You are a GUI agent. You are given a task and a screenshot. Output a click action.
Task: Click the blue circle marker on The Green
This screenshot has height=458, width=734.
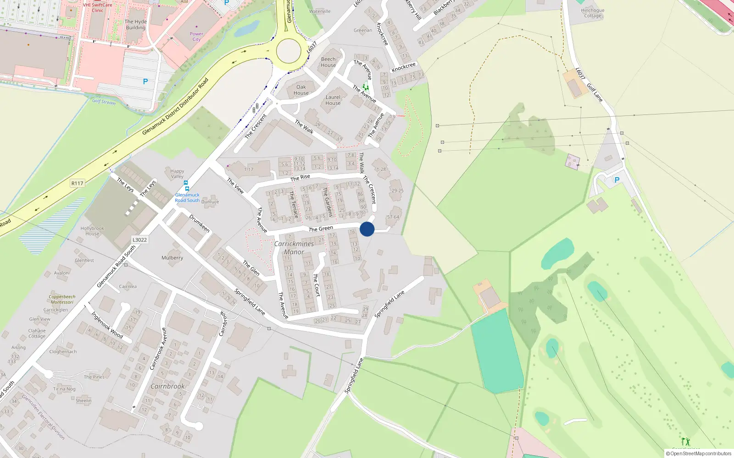(367, 229)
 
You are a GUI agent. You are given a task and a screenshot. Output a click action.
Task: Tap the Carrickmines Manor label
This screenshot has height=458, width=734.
(294, 248)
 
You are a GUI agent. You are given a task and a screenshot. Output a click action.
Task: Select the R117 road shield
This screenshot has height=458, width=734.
(77, 183)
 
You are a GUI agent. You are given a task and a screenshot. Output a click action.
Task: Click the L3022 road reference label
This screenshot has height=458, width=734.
(139, 240)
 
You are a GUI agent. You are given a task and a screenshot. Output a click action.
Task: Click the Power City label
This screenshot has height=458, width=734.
(196, 36)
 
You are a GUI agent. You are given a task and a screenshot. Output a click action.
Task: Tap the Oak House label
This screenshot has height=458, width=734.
(301, 90)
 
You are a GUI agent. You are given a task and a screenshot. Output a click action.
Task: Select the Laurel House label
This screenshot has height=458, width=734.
(333, 100)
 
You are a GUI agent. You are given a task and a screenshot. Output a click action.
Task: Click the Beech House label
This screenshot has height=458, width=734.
(328, 62)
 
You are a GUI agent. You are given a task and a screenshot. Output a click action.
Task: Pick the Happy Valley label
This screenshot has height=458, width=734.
(177, 174)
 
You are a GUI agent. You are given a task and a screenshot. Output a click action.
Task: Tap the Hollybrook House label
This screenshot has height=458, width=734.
(92, 231)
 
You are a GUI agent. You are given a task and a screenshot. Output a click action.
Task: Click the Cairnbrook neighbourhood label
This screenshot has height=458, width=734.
(167, 386)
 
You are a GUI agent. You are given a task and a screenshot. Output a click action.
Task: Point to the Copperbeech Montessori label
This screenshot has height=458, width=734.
(62, 299)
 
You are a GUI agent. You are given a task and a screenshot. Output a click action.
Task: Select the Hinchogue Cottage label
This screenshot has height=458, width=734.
(593, 13)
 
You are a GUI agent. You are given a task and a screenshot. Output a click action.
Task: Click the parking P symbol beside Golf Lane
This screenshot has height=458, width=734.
(617, 180)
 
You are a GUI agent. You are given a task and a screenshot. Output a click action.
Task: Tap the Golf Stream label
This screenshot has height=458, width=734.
(104, 101)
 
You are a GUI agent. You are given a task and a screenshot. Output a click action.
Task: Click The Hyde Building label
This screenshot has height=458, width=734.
(136, 24)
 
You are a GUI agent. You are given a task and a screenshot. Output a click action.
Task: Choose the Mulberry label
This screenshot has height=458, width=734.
(172, 258)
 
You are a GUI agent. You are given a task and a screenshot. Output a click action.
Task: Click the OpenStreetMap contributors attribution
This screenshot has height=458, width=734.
(699, 453)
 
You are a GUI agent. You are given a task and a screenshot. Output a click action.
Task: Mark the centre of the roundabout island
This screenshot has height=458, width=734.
(289, 51)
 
